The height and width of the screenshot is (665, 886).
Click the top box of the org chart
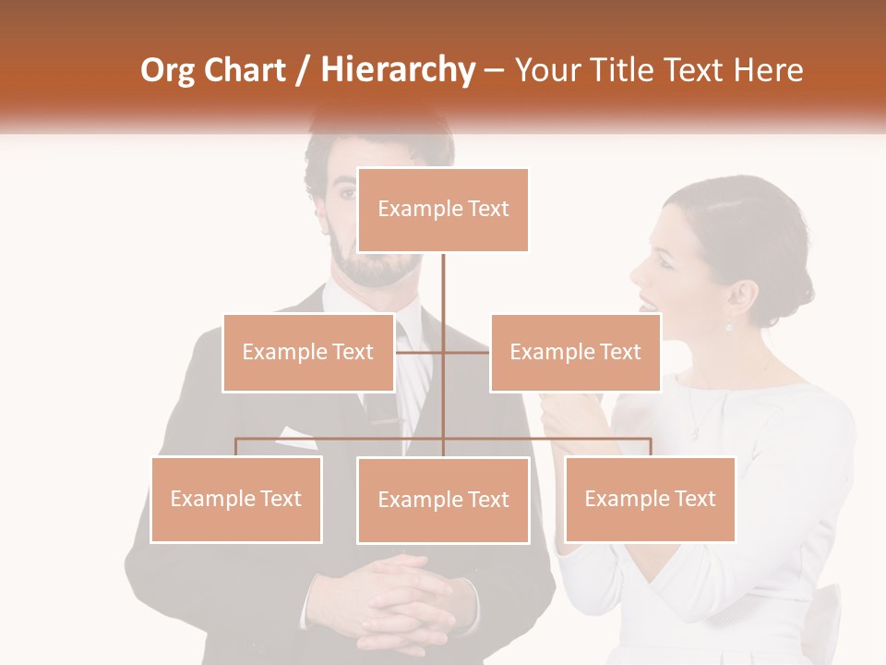(x=443, y=210)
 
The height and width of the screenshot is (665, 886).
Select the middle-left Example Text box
(x=308, y=352)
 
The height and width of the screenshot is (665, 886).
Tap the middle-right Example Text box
(x=575, y=352)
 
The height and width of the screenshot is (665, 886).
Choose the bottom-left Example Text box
(x=236, y=499)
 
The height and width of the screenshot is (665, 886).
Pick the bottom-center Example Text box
(x=443, y=500)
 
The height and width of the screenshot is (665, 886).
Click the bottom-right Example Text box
(x=650, y=499)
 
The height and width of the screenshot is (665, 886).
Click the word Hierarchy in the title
(x=398, y=70)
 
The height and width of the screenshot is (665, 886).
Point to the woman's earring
(x=729, y=326)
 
